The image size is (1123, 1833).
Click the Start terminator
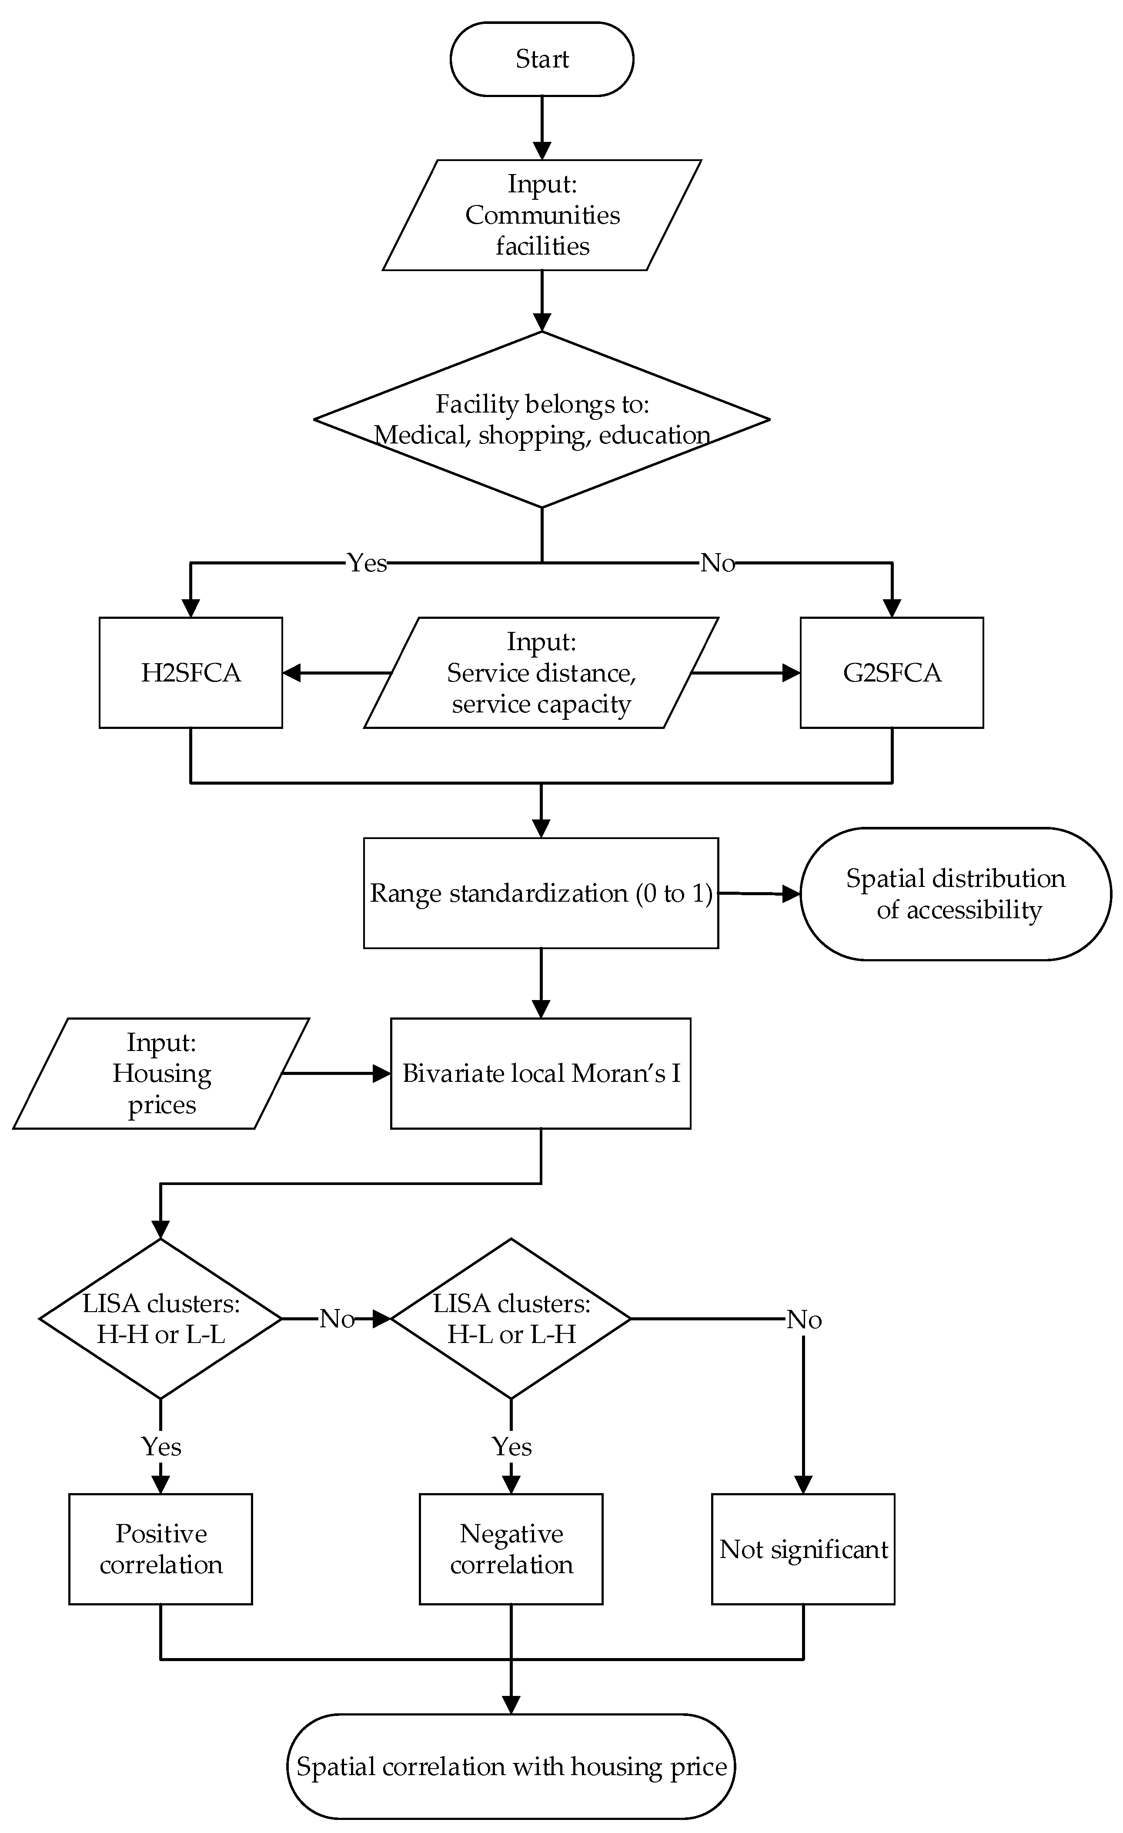pos(541,59)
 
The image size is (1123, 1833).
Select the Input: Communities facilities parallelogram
pos(541,215)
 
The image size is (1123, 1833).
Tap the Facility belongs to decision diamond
pos(541,420)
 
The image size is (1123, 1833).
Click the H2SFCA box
pos(191,672)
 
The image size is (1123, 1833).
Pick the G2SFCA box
pos(892,672)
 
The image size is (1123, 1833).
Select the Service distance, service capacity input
pos(541,672)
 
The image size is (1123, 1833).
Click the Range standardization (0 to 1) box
pos(541,893)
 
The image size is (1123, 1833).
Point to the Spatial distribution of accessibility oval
pos(956,893)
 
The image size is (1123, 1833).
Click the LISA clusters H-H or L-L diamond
pos(160,1319)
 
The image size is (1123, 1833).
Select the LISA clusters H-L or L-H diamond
pos(511,1319)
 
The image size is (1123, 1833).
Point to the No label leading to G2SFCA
pos(718,563)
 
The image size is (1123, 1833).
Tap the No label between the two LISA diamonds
pos(337,1319)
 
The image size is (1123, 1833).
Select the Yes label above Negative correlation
pos(511,1447)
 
